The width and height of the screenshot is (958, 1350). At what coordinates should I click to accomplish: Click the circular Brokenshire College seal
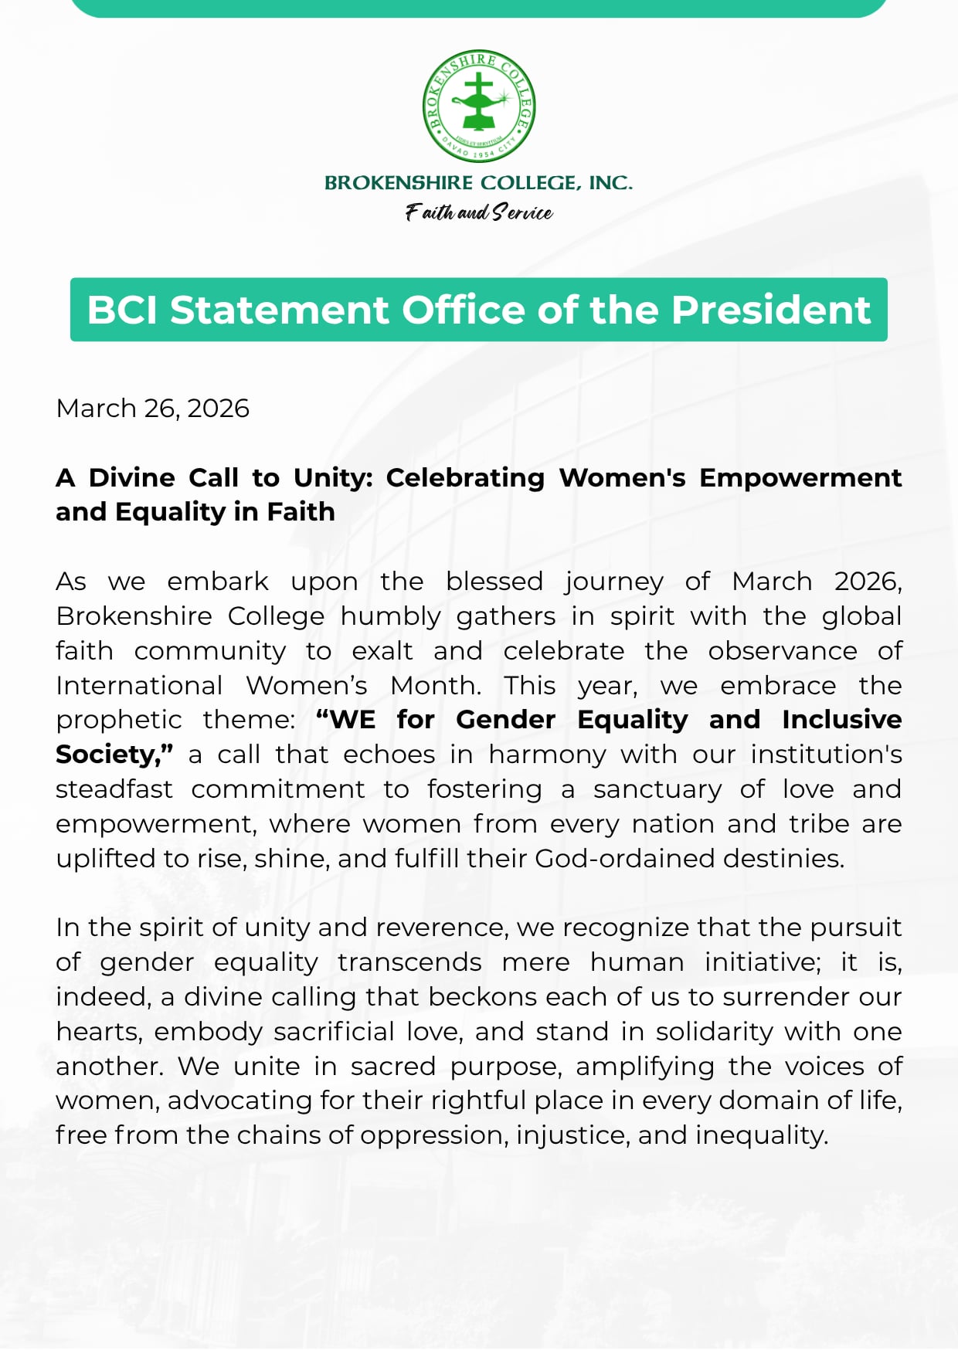[479, 107]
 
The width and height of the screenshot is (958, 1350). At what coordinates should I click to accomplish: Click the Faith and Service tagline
[479, 212]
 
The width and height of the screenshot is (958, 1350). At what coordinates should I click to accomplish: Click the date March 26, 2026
[153, 409]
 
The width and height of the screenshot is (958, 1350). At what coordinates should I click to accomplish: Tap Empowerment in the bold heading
[800, 478]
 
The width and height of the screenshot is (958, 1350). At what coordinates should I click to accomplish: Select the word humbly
[390, 616]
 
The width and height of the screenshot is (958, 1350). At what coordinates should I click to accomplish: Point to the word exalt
[382, 651]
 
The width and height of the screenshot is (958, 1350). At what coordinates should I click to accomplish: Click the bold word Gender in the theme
[505, 720]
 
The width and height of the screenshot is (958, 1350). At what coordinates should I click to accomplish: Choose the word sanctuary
[657, 789]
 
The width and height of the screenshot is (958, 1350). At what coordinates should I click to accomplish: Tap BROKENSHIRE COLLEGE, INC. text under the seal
[479, 183]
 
